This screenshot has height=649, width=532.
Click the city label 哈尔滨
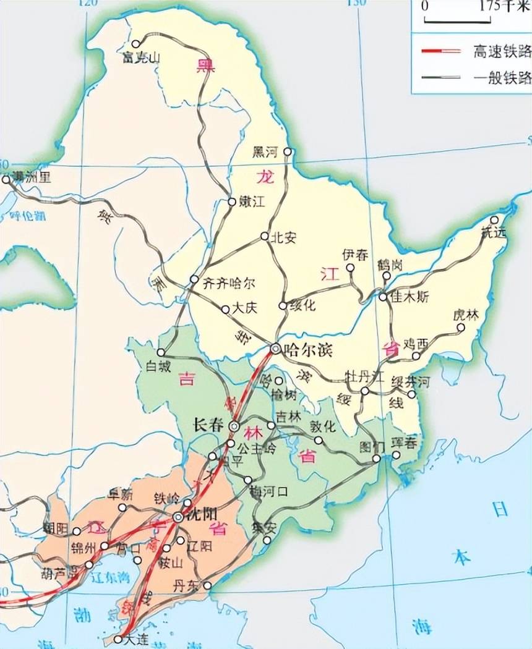point(307,350)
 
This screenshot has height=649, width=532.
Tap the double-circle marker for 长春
point(234,426)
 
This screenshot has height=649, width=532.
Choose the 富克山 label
point(142,58)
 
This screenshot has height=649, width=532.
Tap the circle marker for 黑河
point(286,151)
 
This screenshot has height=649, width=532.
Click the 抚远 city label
point(493,231)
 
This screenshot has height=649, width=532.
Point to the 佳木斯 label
point(409,297)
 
